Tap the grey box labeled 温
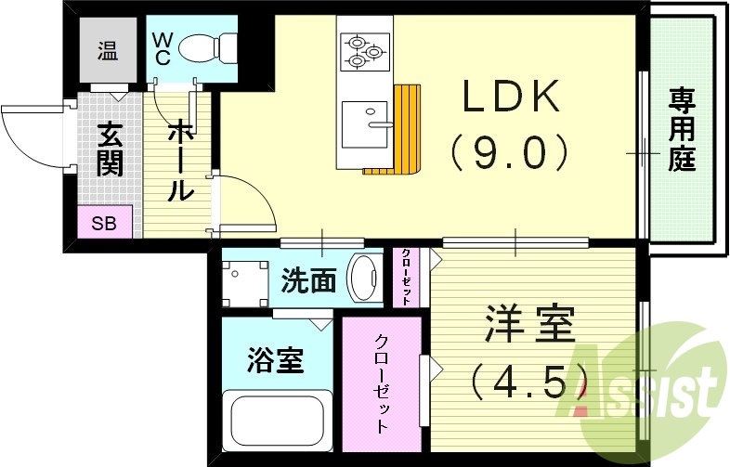click(x=109, y=52)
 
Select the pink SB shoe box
click(x=104, y=224)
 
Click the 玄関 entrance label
click(x=110, y=150)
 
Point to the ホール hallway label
click(x=179, y=160)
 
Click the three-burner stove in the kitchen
click(x=364, y=52)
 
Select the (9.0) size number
click(x=508, y=151)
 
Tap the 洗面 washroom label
click(x=308, y=281)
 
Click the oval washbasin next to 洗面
click(x=363, y=277)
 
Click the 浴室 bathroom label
click(x=276, y=359)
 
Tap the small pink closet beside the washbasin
click(x=407, y=277)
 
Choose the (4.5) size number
click(x=530, y=381)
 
